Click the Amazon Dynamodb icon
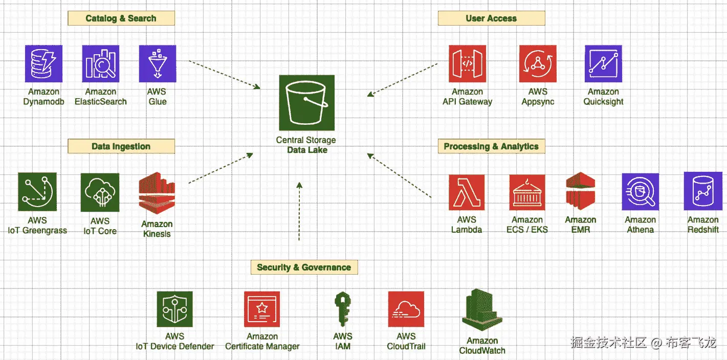[x=43, y=63]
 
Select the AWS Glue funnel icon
[x=158, y=63]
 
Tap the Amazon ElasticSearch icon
[x=101, y=63]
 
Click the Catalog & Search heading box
[x=121, y=18]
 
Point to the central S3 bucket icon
[x=306, y=103]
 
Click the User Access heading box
[x=491, y=18]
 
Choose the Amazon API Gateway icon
[x=468, y=63]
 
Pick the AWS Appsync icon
[x=538, y=63]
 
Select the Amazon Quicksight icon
[x=603, y=63]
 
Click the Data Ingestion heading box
[x=121, y=146]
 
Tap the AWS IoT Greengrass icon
[x=37, y=192]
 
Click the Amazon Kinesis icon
[x=157, y=193]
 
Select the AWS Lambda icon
[x=467, y=193]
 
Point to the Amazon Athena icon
[x=641, y=192]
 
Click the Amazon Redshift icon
[x=703, y=191]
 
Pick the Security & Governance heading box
[x=304, y=267]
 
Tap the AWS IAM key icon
[x=342, y=309]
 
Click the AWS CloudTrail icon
[x=406, y=309]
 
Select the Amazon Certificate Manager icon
[x=262, y=309]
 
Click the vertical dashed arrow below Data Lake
[x=299, y=211]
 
